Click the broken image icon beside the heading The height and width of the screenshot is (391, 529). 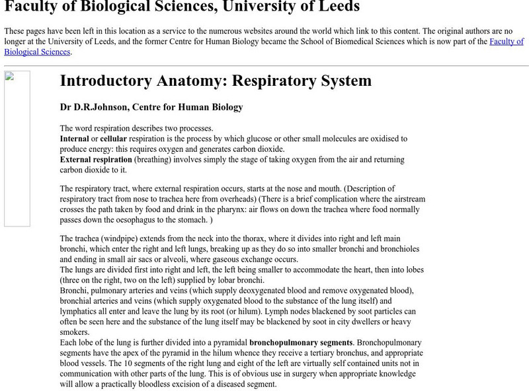(x=17, y=149)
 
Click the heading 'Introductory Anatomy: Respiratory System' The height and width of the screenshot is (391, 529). (x=216, y=81)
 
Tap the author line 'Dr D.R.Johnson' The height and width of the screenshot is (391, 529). (x=151, y=107)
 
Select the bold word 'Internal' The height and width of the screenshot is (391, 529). (x=74, y=139)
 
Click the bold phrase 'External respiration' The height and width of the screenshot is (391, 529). (x=95, y=160)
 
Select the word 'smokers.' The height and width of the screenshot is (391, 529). (x=75, y=332)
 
